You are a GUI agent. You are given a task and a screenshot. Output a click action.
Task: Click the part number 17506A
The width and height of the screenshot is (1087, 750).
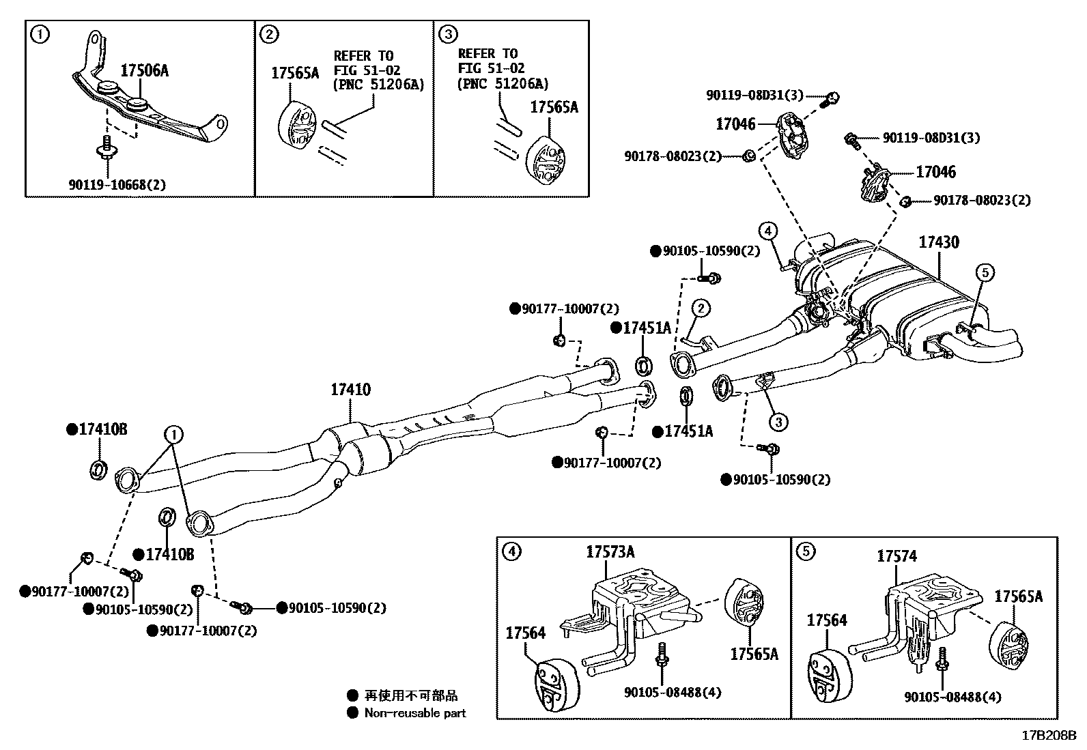144,71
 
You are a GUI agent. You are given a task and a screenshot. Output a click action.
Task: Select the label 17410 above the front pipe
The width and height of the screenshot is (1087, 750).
350,390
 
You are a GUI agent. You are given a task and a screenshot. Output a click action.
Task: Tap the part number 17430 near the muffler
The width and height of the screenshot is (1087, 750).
938,242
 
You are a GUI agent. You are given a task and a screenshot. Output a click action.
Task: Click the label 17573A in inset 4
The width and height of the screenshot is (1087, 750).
610,551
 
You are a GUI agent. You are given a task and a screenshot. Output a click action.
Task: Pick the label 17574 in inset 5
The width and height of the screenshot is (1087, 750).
897,557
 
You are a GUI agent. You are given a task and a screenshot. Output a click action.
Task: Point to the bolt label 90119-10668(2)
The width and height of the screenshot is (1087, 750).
117,184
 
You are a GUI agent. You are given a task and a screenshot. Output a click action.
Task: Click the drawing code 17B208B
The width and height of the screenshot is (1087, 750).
1048,736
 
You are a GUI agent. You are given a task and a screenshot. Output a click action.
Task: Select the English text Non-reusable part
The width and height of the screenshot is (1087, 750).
414,713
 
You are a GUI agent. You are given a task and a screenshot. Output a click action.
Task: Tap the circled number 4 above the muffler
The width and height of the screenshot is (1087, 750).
767,231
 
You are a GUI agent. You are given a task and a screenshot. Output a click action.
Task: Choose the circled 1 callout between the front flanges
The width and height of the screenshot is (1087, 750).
173,433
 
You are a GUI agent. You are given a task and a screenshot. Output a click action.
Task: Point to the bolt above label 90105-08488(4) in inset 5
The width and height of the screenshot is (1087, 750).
942,660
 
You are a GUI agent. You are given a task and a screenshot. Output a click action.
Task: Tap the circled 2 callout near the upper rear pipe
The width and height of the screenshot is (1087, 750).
701,308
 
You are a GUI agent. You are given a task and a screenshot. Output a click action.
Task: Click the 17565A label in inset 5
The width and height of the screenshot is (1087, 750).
1018,596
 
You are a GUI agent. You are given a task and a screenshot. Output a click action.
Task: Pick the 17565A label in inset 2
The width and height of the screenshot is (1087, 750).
295,74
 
